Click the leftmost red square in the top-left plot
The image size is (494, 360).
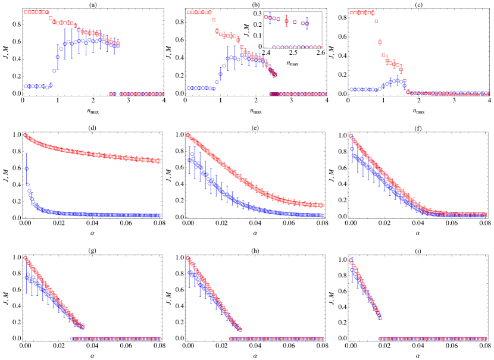click(26, 12)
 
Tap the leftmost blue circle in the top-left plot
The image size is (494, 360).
click(26, 86)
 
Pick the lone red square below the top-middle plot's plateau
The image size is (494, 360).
click(213, 20)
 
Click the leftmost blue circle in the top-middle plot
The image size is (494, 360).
click(189, 88)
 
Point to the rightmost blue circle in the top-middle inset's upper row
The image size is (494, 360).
click(307, 24)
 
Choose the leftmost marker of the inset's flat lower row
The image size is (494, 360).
click(274, 46)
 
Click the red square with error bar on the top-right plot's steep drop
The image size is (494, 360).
click(380, 42)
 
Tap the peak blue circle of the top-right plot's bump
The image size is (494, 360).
click(397, 79)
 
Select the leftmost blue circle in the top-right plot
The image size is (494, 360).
click(351, 89)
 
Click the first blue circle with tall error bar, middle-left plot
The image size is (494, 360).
click(27, 168)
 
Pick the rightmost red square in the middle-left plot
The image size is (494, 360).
click(160, 161)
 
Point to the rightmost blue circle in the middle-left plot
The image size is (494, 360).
click(160, 215)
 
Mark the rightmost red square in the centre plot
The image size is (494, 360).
click(322, 205)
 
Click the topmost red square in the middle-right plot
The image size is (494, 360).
click(351, 136)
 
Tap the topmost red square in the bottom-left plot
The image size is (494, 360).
click(26, 258)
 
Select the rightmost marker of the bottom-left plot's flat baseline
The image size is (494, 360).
click(160, 339)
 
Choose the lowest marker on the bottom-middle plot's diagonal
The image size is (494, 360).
click(240, 329)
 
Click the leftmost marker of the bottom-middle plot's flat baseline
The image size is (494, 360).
click(231, 339)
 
